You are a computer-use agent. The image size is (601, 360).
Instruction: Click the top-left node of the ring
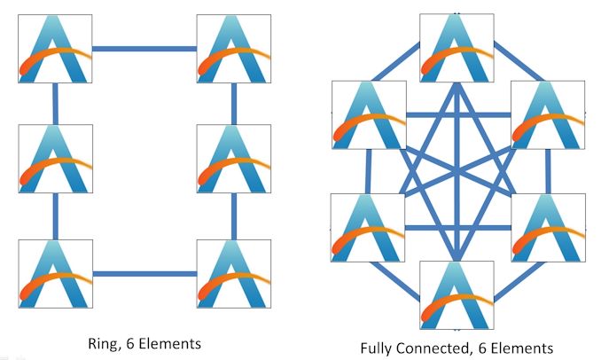[55, 48]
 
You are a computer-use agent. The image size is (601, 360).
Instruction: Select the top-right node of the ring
[234, 48]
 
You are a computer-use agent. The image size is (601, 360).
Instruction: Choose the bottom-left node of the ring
[55, 272]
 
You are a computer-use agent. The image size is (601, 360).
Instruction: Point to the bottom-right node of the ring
[234, 272]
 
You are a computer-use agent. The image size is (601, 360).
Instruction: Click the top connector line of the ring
[144, 49]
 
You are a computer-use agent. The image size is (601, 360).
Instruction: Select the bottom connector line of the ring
[144, 273]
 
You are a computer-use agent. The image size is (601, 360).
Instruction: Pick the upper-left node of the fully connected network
[368, 115]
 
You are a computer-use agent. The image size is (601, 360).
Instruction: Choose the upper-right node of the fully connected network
[548, 115]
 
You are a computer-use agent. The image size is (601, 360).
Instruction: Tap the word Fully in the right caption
[380, 348]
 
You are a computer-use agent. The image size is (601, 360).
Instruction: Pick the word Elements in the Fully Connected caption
[523, 348]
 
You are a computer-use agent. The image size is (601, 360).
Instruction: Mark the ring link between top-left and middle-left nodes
[55, 105]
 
